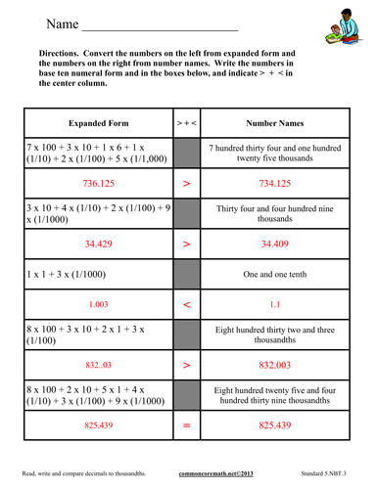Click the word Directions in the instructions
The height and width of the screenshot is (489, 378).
click(x=65, y=52)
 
